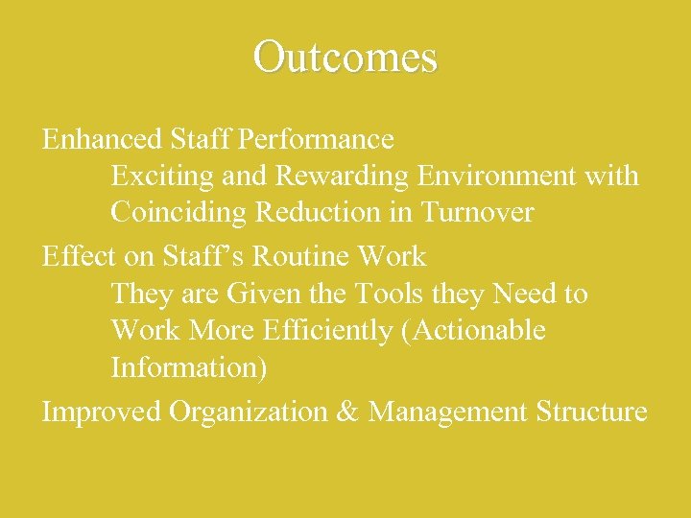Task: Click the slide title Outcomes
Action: (345, 57)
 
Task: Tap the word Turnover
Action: (475, 212)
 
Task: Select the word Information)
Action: (189, 366)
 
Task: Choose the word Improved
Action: (101, 412)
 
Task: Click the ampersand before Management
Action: (345, 412)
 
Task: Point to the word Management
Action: (447, 412)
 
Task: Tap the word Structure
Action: (592, 412)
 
